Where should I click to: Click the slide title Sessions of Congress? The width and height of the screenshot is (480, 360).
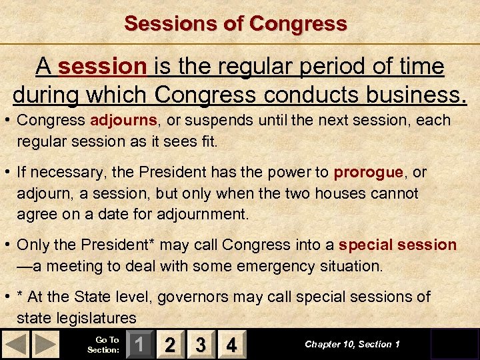[235, 23]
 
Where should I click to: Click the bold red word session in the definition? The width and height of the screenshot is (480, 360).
[102, 67]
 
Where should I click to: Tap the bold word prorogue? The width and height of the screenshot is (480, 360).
[368, 172]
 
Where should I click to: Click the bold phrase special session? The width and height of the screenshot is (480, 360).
[397, 245]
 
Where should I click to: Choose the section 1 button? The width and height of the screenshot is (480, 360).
[139, 345]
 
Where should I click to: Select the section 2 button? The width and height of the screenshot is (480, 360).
[170, 345]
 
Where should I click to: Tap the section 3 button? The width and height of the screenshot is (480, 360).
[201, 345]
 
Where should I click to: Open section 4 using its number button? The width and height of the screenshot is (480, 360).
[231, 345]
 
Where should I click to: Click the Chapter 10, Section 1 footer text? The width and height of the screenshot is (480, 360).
[352, 344]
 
